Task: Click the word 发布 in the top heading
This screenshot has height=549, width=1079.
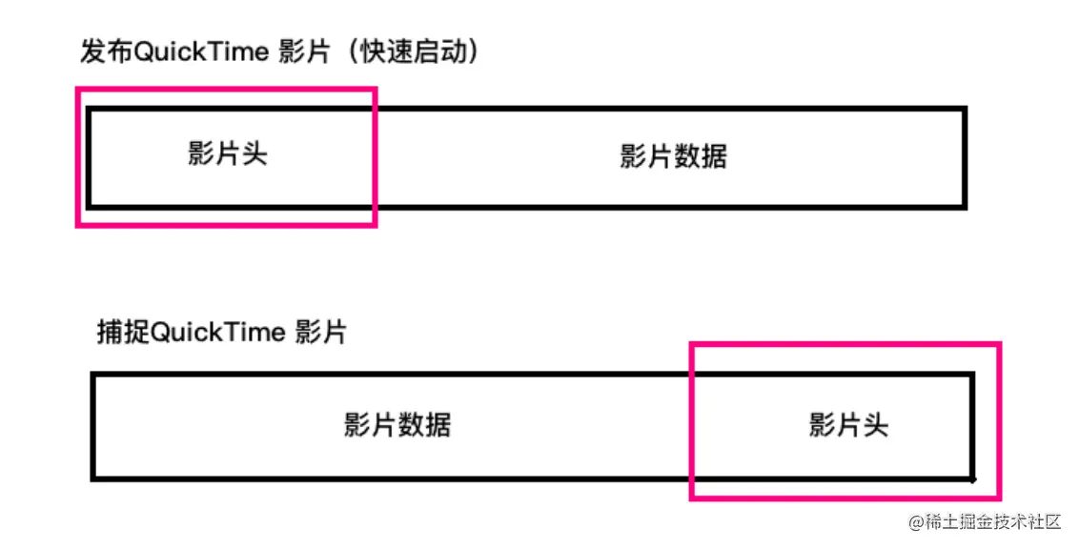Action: pyautogui.click(x=106, y=51)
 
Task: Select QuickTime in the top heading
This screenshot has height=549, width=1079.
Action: pyautogui.click(x=201, y=51)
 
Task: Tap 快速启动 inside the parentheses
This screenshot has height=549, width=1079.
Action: pyautogui.click(x=412, y=51)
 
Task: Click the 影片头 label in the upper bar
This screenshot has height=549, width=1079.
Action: pyautogui.click(x=228, y=154)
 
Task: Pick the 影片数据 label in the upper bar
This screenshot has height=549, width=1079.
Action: pyautogui.click(x=673, y=155)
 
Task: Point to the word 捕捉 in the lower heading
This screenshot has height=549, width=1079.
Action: pyautogui.click(x=123, y=332)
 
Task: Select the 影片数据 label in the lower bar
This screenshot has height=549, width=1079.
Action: pyautogui.click(x=397, y=424)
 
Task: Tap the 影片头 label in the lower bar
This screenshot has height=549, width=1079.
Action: pyautogui.click(x=848, y=424)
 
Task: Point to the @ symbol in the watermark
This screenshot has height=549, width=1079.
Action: pyautogui.click(x=916, y=522)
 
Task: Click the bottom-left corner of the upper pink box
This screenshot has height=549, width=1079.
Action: pyautogui.click(x=78, y=224)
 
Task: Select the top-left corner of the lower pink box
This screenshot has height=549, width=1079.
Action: pyautogui.click(x=692, y=344)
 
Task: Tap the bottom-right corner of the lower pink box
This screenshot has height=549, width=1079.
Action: pyautogui.click(x=998, y=497)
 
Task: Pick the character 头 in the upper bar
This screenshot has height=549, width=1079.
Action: pyautogui.click(x=254, y=154)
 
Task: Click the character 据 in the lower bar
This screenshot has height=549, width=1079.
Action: pyautogui.click(x=438, y=424)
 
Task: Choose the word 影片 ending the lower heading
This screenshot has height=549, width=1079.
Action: pyautogui.click(x=321, y=332)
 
